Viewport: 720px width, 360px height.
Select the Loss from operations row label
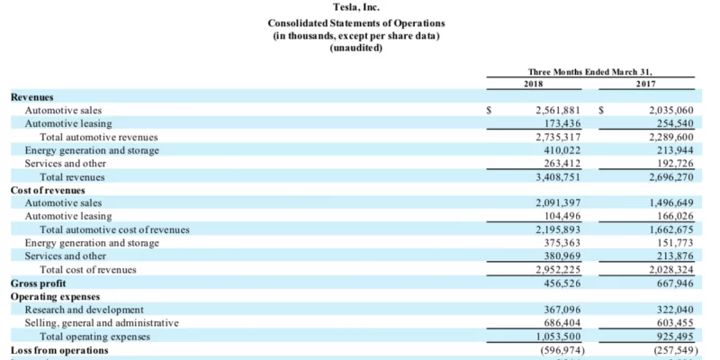click(59, 349)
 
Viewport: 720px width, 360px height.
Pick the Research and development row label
click(85, 310)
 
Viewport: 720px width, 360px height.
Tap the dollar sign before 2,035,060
click(601, 111)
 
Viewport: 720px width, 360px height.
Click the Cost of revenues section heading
click(48, 190)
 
